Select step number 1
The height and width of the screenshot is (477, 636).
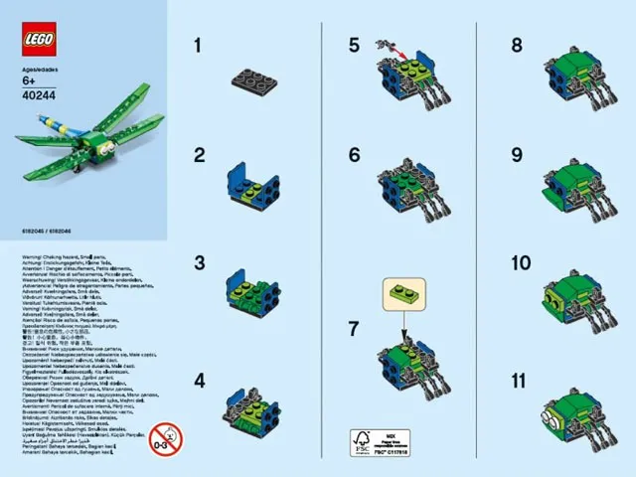click(197, 45)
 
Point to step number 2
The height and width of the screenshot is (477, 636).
click(199, 154)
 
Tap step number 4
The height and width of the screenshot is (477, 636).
click(199, 380)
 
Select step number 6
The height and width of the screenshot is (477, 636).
click(355, 154)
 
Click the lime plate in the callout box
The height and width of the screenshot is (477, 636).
click(405, 295)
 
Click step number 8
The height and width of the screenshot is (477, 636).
click(516, 45)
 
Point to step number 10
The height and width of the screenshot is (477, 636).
click(522, 263)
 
